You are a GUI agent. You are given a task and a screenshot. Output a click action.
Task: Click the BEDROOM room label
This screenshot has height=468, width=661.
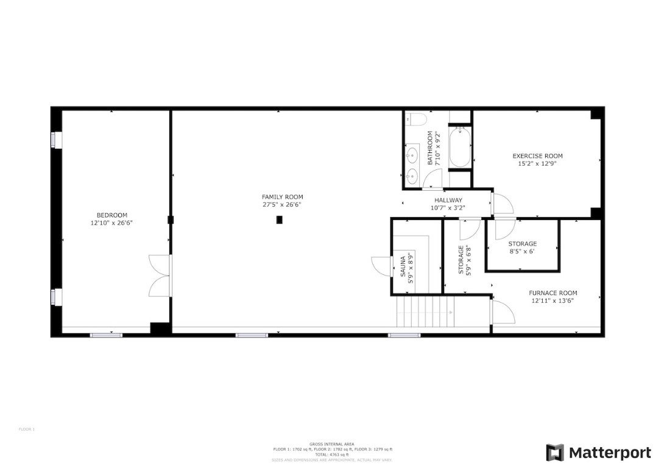coord(111,215)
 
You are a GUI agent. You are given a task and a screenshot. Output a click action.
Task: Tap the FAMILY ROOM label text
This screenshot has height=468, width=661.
coord(282,197)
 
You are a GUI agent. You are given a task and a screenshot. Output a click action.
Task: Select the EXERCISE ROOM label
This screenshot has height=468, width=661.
coord(537,156)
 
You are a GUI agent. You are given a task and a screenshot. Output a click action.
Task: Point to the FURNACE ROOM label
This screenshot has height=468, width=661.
coord(553,292)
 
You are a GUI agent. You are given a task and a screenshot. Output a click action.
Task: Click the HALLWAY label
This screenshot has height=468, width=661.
coord(448,200)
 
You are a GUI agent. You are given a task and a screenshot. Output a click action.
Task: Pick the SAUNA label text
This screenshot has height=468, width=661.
coord(403,266)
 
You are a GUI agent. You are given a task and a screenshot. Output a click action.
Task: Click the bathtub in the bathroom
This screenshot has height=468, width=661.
coord(459,147)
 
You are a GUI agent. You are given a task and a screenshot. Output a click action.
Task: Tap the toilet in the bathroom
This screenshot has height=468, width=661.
coord(413,118)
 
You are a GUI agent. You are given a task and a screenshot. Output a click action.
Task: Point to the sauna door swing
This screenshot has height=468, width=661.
coord(380,266)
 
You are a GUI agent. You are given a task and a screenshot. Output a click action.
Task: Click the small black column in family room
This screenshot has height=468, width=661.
coord(279,220)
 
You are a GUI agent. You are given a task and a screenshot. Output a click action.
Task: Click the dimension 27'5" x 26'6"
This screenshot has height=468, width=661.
coord(282,205)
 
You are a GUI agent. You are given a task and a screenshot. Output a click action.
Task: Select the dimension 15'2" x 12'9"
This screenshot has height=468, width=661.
coord(537,164)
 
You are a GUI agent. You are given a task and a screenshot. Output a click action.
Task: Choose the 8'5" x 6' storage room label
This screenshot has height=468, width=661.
coord(522,247)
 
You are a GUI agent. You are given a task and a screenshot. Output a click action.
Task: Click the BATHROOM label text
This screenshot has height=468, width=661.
coord(429,148)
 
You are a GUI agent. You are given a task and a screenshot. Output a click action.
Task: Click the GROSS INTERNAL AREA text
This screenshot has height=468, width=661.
coord(332,444)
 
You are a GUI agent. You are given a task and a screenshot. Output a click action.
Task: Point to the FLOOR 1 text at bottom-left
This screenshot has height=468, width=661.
coord(26,429)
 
